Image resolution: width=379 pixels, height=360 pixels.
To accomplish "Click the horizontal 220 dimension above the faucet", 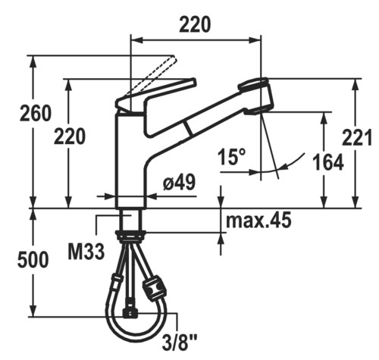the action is (195, 24).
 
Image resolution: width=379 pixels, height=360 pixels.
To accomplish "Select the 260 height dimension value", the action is (36, 113).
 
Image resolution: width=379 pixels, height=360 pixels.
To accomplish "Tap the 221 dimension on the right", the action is (356, 137).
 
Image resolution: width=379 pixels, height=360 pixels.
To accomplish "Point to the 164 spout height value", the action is (328, 162).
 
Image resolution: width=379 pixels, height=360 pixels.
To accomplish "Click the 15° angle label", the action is (232, 156).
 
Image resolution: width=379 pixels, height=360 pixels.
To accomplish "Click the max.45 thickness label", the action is (258, 220).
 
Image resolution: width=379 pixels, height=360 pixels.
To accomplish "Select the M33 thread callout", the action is (86, 252).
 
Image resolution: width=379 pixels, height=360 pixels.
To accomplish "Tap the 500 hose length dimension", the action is (33, 259).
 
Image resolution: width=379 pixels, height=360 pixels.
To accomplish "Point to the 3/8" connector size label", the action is (180, 343).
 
